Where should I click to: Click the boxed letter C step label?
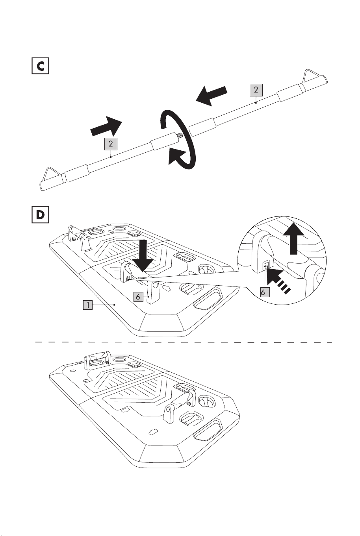40,66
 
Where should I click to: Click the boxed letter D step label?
40,214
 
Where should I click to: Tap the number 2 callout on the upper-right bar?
256,90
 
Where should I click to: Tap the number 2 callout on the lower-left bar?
111,144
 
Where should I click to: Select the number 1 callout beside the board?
88,305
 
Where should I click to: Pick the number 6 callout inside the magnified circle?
263,292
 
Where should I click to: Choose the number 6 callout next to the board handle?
138,297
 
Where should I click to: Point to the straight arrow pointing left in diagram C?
211,96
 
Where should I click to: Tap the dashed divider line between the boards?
184,342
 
